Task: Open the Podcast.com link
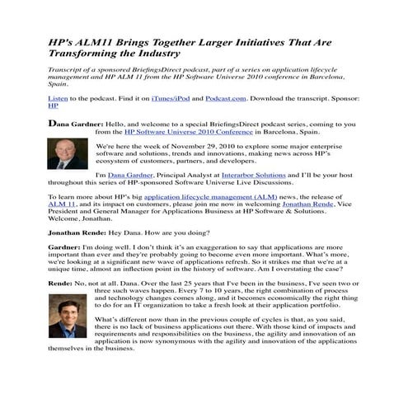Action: [x=223, y=98]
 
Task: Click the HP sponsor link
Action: [x=54, y=106]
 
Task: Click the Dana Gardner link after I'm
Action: [x=134, y=176]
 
